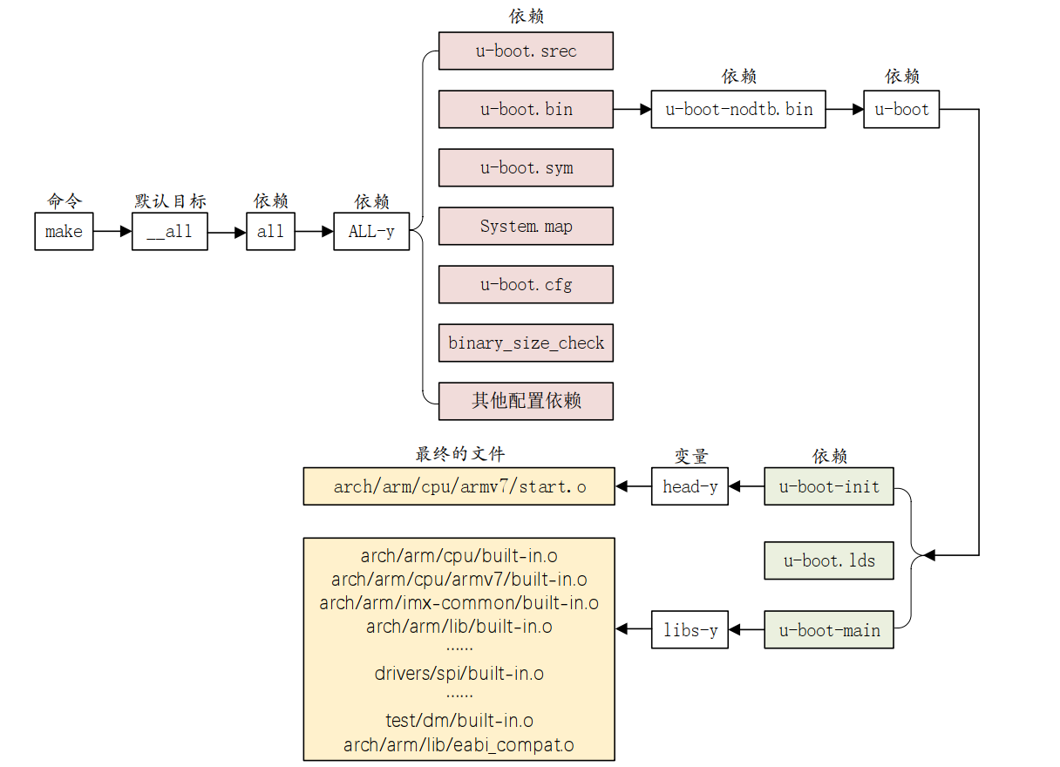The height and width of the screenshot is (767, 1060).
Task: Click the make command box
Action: coord(64,232)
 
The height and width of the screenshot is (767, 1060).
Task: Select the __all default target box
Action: coord(169,232)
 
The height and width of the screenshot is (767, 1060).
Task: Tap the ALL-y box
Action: coord(371,232)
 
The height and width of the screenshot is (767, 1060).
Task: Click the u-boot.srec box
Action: coord(526,51)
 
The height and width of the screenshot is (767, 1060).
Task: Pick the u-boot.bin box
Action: coord(526,109)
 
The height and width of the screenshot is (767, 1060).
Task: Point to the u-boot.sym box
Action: coord(526,167)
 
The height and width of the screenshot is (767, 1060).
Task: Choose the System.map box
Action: coord(526,226)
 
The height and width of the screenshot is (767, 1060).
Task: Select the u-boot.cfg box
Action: coord(526,284)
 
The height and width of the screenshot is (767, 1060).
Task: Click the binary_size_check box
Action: coord(526,343)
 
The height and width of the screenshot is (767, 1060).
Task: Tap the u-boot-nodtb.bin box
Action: coord(738,109)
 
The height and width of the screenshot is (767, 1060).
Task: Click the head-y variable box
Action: coord(690,486)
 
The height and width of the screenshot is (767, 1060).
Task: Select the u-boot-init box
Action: coord(829,486)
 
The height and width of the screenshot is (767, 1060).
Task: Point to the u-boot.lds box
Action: coord(829,560)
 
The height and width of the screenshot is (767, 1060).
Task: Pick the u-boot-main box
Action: coord(829,629)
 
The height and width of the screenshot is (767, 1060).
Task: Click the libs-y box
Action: coord(690,629)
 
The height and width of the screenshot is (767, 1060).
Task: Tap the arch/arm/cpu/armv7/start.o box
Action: coord(459,486)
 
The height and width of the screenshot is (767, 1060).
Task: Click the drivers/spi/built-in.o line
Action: coord(459,673)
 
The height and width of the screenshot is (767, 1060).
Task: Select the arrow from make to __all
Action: coord(112,232)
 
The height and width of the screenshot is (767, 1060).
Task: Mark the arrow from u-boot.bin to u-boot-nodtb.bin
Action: coord(632,109)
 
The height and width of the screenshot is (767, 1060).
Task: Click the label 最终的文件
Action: coord(459,454)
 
